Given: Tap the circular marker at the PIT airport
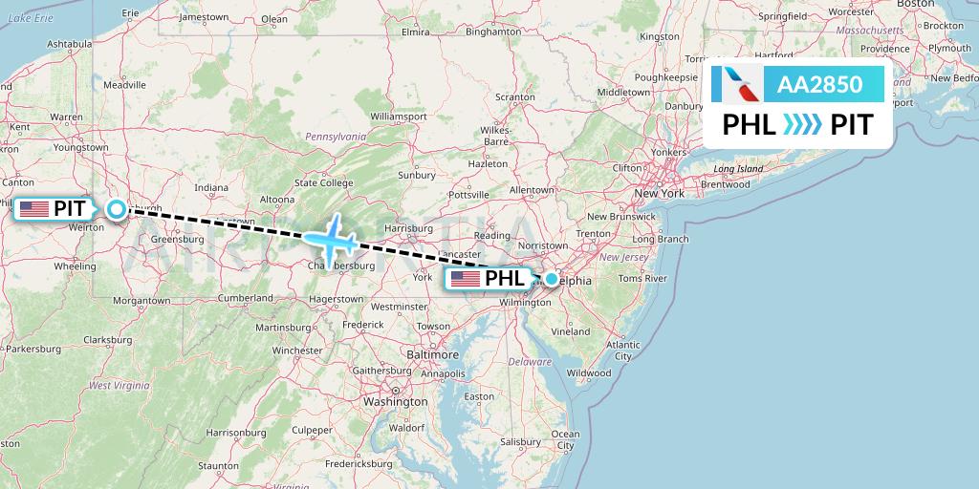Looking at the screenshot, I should [116, 209].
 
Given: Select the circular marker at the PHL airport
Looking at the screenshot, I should [551, 279].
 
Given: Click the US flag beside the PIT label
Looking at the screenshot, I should [33, 208].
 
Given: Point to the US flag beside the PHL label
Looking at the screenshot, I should [466, 279].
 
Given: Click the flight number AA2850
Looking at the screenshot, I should [819, 84].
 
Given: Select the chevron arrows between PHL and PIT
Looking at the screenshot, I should [802, 125].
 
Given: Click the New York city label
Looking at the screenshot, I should [660, 194].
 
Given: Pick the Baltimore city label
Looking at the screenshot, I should [432, 354].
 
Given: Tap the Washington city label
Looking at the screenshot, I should [396, 402].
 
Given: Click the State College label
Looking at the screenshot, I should [324, 182].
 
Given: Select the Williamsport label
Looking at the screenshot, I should [398, 117].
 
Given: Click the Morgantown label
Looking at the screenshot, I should [141, 300].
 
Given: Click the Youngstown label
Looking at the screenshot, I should [80, 148].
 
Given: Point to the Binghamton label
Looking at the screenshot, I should [491, 31].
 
